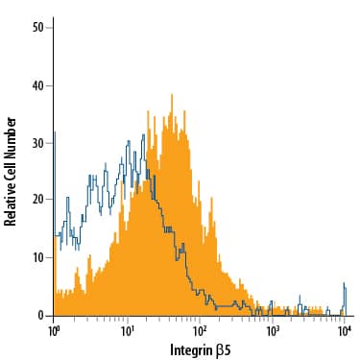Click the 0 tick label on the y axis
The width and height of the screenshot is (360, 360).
tap(40, 315)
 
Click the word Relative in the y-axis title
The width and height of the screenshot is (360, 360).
tap(12, 198)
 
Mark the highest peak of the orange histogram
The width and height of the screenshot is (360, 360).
tap(171, 95)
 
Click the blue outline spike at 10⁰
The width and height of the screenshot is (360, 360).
tap(55, 134)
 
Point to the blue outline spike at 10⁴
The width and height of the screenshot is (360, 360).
tap(344, 285)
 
